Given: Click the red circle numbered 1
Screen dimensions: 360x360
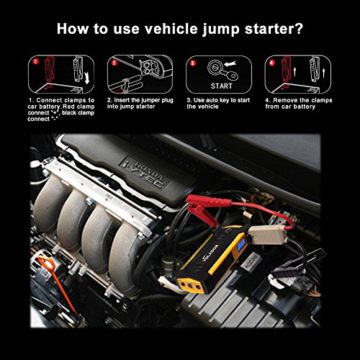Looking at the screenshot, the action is coord(36,61).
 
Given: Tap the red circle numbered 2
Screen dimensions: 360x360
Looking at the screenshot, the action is coord(114,63).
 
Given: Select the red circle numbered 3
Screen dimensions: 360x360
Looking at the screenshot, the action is coord(193,63).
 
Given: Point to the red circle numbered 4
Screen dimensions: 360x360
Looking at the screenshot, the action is coord(271,63).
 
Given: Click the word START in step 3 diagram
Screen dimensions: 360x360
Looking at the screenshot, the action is coord(222,86).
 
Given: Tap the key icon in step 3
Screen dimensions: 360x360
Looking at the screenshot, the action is coord(229,73).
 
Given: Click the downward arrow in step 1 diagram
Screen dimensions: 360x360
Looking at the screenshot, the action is coord(87,78).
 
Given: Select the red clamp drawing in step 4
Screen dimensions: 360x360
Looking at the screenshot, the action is coord(287,68).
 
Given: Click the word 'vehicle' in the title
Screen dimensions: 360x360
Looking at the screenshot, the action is coord(171,29).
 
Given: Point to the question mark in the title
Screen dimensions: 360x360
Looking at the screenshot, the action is coord(299,29).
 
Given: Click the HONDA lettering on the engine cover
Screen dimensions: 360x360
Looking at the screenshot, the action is coord(150,171).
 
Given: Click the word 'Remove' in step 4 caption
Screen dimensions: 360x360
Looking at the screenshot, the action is coord(285,100).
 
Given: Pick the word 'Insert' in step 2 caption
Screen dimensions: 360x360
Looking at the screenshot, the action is coord(122,100).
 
